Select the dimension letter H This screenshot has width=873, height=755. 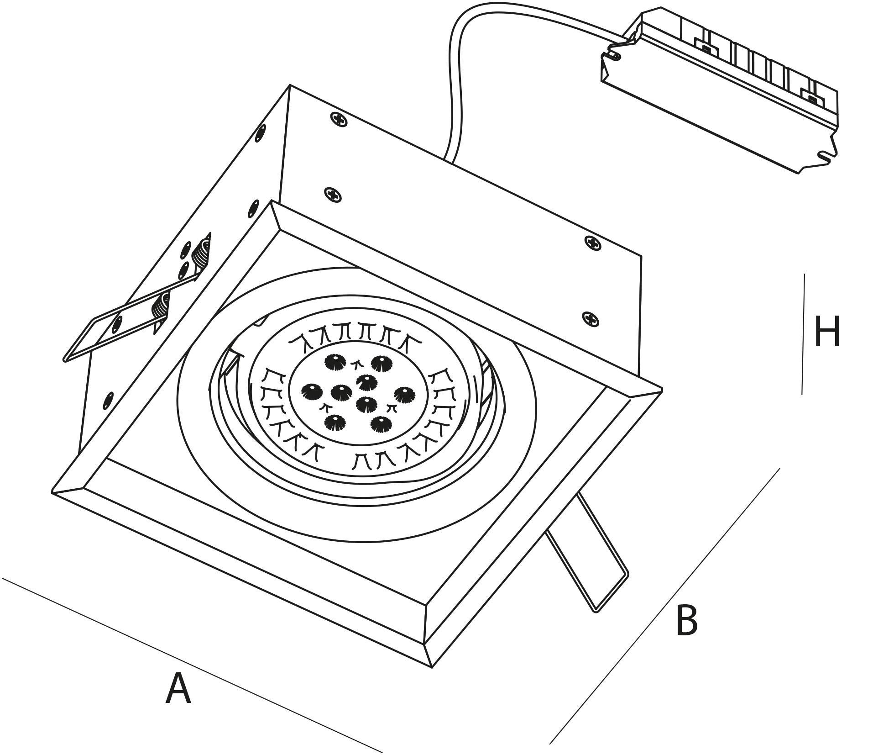pyautogui.click(x=827, y=332)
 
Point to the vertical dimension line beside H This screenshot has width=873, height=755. pyautogui.click(x=803, y=333)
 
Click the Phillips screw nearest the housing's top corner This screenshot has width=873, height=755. pyautogui.click(x=338, y=120)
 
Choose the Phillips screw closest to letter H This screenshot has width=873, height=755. pyautogui.click(x=591, y=318)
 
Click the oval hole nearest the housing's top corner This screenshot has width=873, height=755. pyautogui.click(x=261, y=133)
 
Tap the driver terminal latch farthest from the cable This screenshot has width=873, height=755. pyautogui.click(x=810, y=97)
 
